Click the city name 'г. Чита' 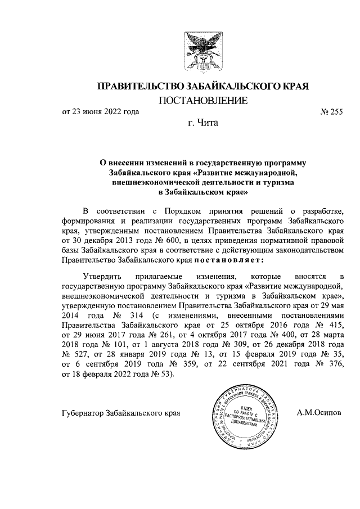[202, 121]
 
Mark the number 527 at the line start [82, 353]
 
